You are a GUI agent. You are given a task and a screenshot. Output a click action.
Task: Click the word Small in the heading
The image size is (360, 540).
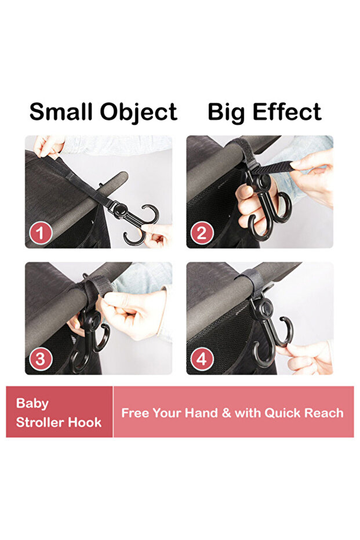coord(61,111)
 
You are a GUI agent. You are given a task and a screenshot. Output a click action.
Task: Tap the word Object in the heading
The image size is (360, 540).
coord(139,113)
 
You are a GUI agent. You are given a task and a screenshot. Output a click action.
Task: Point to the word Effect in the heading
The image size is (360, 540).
coord(287,111)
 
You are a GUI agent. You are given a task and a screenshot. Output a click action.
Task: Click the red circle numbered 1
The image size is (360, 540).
coord(40,233)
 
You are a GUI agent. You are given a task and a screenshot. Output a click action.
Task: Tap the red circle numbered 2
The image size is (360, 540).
coord(202,233)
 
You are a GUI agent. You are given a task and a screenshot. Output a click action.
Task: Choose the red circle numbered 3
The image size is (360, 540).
coord(40,360)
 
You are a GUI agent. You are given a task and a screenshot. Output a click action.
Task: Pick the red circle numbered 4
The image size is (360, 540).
coord(202,360)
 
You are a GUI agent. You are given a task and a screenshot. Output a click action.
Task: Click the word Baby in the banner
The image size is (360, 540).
coord(32,404)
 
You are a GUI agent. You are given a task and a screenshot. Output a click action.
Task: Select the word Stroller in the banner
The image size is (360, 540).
coord(40,422)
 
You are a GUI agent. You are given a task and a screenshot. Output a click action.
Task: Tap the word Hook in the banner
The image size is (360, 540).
coord(85,422)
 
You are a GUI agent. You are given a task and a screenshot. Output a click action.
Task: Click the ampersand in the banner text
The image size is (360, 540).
coord(227,413)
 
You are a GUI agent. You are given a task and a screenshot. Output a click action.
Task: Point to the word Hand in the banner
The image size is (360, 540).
coord(201,413)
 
